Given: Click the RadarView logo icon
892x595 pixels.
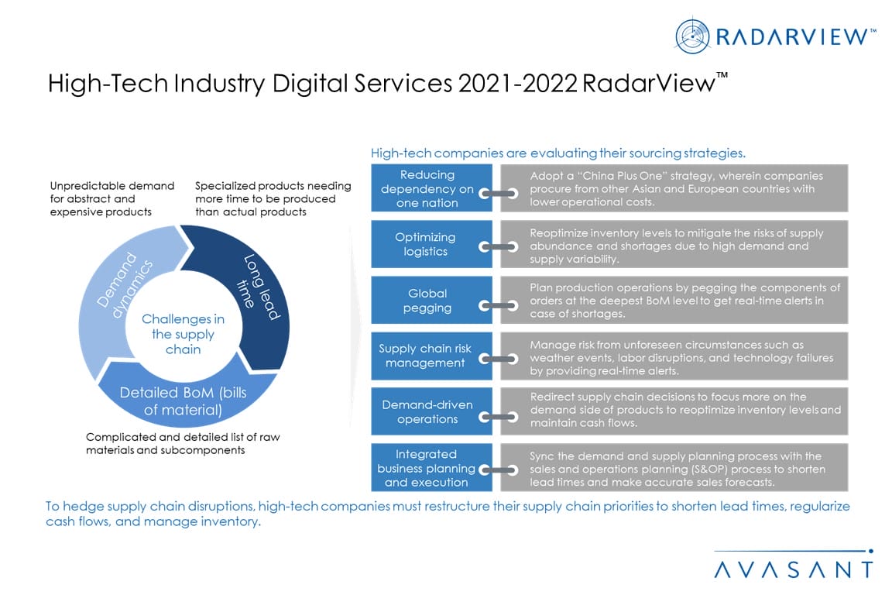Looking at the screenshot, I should coord(693,36).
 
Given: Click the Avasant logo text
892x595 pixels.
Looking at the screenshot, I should coord(793,569).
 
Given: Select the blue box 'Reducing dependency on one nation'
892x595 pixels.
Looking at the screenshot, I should coord(428,188).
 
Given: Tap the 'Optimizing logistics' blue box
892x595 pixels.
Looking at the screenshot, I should coord(426,244).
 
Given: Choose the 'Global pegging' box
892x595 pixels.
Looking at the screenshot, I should coord(427,301).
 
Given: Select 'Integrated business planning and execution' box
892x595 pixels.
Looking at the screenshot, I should coord(426,468).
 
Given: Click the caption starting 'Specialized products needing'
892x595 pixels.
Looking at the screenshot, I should coord(273,199).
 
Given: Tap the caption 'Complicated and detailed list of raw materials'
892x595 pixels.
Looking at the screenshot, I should coord(183,443).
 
